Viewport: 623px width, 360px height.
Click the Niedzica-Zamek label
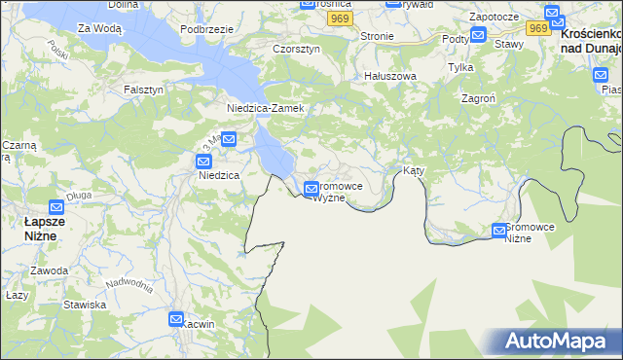[266, 108]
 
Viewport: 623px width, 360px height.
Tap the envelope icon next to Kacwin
[176, 318]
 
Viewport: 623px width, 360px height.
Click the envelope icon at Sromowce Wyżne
[311, 188]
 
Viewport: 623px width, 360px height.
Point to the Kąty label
[414, 170]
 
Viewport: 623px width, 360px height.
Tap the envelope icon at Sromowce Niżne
[499, 231]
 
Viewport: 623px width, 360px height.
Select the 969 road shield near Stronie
[339, 18]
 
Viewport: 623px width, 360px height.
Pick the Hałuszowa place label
[390, 75]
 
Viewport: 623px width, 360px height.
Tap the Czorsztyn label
[296, 49]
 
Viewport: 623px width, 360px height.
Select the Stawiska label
[85, 305]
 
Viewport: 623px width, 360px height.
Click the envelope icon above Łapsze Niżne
[57, 206]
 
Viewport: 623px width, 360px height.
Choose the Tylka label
[459, 67]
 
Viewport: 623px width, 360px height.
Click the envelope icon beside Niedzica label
[203, 162]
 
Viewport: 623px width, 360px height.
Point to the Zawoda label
[49, 270]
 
